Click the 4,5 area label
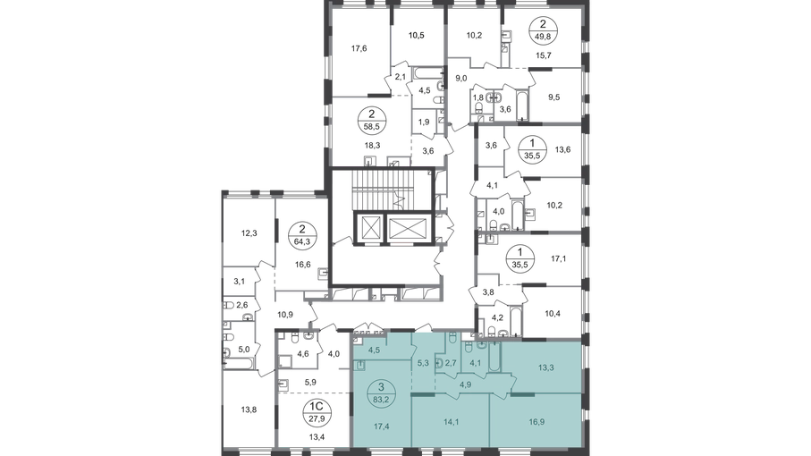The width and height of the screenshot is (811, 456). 375,350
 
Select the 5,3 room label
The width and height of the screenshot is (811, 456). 423,364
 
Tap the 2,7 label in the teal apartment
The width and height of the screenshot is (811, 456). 451,364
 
